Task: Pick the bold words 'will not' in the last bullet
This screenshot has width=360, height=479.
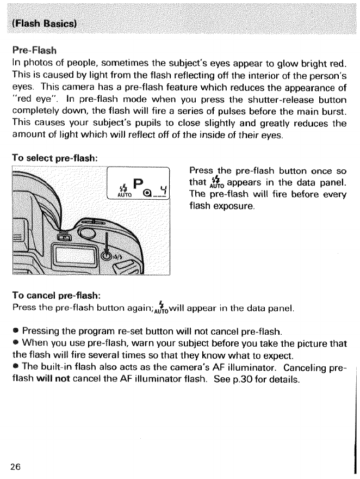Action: point(51,379)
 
